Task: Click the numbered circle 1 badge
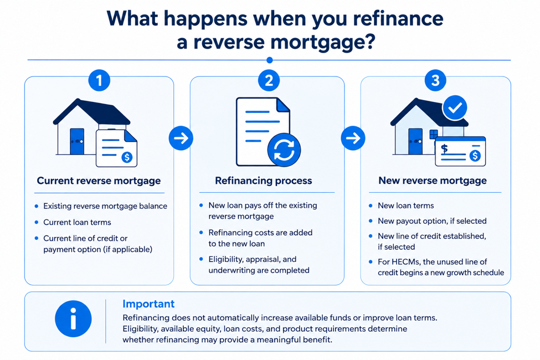(99, 81)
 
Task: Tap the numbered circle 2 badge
(269, 81)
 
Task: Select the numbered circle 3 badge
(435, 81)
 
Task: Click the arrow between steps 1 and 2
(181, 138)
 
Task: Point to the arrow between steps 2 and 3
(353, 138)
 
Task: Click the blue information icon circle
(73, 318)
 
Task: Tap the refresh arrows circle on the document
(284, 150)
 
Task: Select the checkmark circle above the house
(455, 108)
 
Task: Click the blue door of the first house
(77, 141)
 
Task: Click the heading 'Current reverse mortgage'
(99, 181)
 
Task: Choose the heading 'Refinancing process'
(264, 181)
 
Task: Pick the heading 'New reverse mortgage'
(433, 181)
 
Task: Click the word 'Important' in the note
(148, 304)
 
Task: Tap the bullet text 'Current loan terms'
(77, 222)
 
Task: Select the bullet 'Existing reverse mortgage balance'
(105, 206)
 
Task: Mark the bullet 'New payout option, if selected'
(432, 221)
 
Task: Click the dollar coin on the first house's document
(127, 157)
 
